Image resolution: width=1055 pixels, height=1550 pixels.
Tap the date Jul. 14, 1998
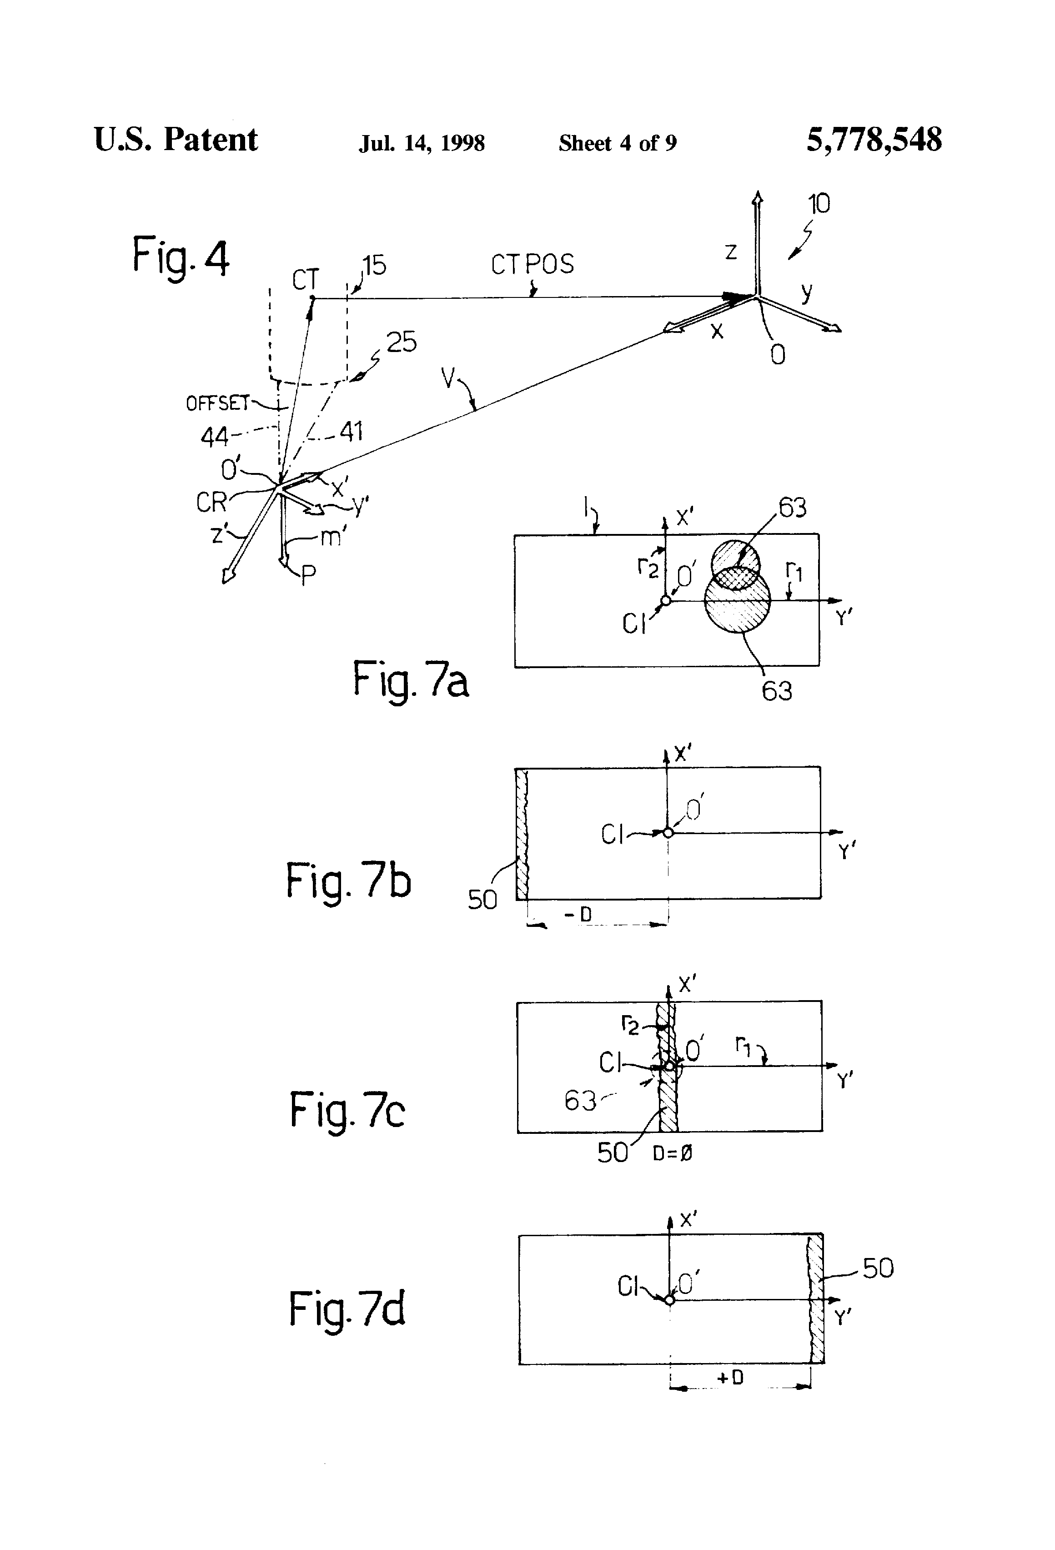click(422, 143)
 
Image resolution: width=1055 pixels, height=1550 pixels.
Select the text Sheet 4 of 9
click(618, 143)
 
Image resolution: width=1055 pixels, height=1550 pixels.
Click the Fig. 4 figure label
click(181, 257)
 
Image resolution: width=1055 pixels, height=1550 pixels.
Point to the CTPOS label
click(532, 265)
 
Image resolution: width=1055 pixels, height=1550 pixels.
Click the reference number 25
click(402, 342)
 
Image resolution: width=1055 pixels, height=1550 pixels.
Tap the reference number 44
click(215, 438)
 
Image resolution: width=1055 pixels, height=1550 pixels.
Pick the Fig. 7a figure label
click(410, 679)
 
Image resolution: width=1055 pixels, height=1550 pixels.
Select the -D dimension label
click(578, 914)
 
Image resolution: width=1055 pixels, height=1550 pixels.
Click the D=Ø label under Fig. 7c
click(672, 1153)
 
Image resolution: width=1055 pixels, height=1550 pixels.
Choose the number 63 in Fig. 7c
click(580, 1101)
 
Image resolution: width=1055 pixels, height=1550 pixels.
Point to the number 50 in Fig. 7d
click(878, 1268)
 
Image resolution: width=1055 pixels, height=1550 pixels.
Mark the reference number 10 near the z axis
click(819, 203)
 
